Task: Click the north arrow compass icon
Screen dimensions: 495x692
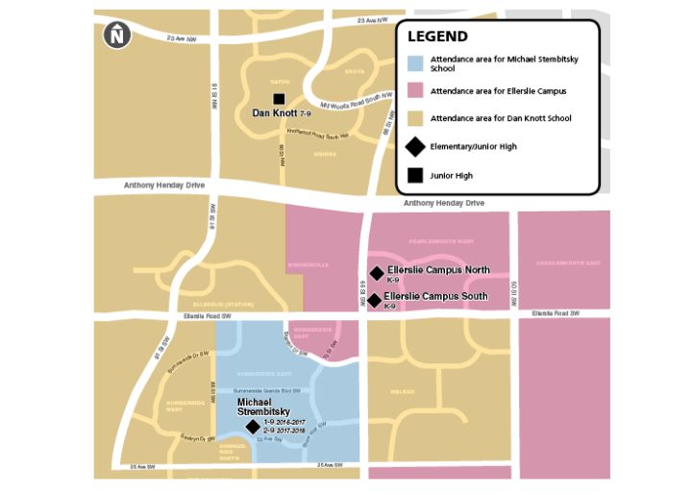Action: pos(116,36)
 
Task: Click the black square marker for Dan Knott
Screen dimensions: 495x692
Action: pos(279,99)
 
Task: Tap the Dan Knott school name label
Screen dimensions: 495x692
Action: pos(275,113)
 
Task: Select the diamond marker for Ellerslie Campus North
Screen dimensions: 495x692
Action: pos(376,273)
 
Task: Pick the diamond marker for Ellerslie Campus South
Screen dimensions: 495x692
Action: pos(374,299)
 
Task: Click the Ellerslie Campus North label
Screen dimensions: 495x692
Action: pos(438,270)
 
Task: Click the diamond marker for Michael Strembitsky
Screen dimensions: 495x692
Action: pos(253,427)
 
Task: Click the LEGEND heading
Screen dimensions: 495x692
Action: pos(437,37)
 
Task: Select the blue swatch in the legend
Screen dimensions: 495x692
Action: pos(414,64)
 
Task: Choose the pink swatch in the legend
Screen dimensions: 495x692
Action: pos(414,91)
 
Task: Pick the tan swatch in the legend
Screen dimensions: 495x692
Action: pos(414,118)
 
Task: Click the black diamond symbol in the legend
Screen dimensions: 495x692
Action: pos(414,146)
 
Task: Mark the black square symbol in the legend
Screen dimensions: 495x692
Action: pos(414,175)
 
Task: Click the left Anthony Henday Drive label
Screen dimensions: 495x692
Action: pos(164,186)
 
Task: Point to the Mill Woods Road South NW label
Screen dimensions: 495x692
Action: pos(357,100)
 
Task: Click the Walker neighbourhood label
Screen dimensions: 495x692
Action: pos(403,391)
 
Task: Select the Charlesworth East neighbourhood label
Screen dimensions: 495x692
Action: pos(563,261)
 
